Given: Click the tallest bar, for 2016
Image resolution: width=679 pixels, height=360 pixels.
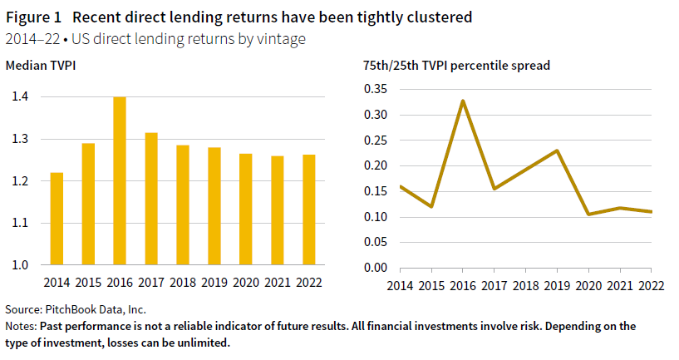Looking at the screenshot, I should point(120,181).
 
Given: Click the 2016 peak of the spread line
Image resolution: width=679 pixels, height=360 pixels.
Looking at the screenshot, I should point(462,101).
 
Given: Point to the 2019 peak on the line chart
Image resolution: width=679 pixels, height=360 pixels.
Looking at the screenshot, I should point(556,151).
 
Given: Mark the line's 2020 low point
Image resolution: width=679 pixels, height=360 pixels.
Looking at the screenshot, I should point(588,215).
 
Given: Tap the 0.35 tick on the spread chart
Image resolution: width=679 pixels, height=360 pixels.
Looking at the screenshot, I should point(376,88).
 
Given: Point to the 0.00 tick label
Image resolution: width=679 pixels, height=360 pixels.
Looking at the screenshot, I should point(376,268).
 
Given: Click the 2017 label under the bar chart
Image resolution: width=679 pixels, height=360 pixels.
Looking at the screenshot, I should point(151,282).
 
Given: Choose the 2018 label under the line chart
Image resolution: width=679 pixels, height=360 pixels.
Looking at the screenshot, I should point(525,285).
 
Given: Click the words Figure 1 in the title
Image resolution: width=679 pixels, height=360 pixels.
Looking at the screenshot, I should point(33,17).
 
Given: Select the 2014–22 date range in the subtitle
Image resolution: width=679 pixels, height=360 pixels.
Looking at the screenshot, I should point(28,39).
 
